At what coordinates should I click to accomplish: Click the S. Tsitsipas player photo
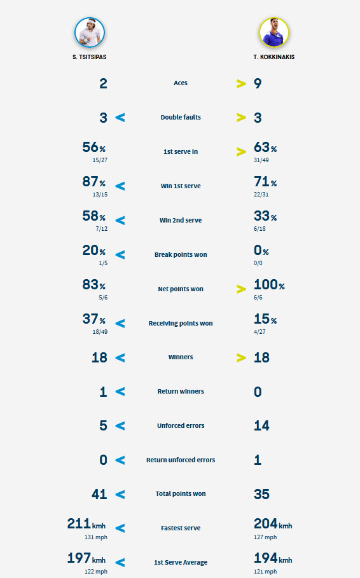(x=90, y=32)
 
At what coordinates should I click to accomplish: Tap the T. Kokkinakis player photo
(x=273, y=32)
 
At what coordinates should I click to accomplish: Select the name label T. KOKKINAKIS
(x=273, y=57)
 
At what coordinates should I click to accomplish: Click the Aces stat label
(x=181, y=83)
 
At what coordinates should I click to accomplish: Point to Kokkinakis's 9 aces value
(x=258, y=83)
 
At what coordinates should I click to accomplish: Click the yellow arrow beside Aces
(x=241, y=84)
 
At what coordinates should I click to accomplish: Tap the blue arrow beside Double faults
(x=120, y=118)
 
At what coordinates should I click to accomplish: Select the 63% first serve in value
(x=265, y=147)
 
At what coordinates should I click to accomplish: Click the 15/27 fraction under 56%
(x=100, y=160)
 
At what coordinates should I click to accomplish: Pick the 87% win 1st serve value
(x=93, y=181)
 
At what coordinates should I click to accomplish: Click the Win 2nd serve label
(x=181, y=220)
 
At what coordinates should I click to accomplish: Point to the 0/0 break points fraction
(x=258, y=263)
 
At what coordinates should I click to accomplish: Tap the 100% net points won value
(x=269, y=285)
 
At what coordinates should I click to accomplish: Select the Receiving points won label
(x=181, y=323)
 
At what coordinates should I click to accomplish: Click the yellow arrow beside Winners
(x=241, y=357)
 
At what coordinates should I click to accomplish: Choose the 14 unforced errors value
(x=261, y=426)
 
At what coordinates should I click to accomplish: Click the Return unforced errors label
(x=181, y=460)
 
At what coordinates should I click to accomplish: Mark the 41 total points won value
(x=99, y=494)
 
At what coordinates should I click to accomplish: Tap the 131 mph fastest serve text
(x=96, y=537)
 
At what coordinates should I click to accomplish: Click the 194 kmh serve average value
(x=273, y=558)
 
